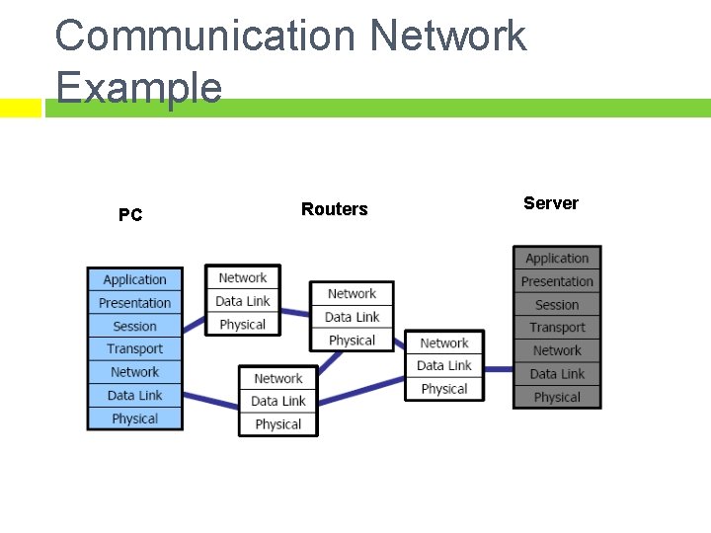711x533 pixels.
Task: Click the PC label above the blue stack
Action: (130, 215)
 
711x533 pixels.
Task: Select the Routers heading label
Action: (334, 209)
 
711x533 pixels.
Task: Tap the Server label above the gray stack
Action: (550, 203)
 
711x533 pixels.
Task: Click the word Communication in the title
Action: (207, 37)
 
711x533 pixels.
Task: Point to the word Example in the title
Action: (138, 87)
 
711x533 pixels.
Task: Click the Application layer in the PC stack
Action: (135, 280)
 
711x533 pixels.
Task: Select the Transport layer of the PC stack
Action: (135, 349)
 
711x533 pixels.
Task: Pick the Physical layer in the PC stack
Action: (135, 419)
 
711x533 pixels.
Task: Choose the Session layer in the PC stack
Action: (135, 326)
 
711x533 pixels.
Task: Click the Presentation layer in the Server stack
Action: (557, 281)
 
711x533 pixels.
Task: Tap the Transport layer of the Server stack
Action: (557, 328)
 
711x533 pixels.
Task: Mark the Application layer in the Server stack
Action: (557, 259)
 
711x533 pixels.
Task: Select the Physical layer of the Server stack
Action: (557, 397)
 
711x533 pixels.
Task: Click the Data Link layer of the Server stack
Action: (557, 374)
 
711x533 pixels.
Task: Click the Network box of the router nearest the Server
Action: (444, 343)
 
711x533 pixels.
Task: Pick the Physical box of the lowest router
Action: (278, 424)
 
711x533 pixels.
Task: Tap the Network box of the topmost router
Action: (243, 278)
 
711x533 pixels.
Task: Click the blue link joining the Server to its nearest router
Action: (499, 369)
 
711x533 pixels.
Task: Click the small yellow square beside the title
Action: (20, 108)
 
